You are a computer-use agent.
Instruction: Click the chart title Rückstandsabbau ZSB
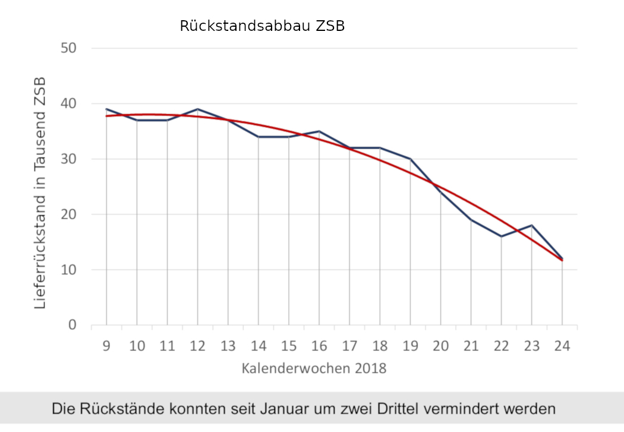(262, 27)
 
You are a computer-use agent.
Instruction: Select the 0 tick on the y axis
(73, 325)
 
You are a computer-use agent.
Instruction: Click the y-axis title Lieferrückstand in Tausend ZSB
(40, 193)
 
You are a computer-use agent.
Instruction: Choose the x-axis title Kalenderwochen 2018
(314, 368)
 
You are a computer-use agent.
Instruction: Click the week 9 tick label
(106, 346)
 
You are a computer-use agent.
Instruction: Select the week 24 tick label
(562, 346)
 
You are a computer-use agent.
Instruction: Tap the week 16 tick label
(319, 346)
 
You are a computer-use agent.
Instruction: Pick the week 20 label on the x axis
(440, 346)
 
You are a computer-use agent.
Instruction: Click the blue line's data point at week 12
(197, 109)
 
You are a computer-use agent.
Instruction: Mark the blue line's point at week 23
(531, 225)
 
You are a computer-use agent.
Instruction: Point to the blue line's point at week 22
(501, 237)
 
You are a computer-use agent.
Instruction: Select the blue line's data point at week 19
(410, 159)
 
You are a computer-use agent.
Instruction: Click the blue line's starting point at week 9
(106, 109)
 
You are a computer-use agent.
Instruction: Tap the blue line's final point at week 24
(562, 258)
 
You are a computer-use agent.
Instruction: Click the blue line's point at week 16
(319, 131)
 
